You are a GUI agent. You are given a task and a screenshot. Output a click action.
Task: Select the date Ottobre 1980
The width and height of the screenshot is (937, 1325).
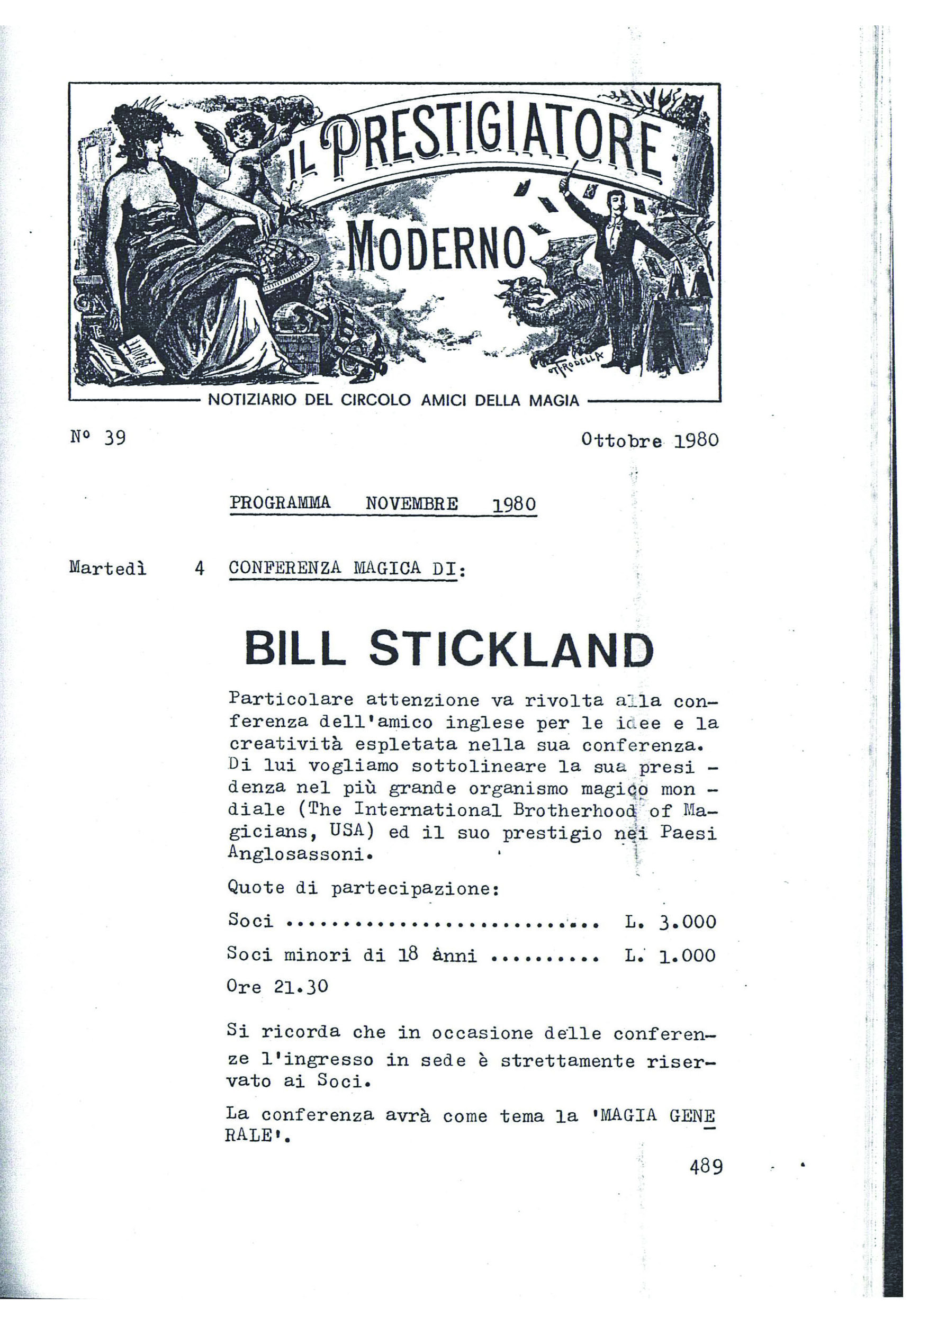coord(650,440)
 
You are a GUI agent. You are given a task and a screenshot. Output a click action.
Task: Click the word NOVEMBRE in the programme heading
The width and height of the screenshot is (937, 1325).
coord(412,504)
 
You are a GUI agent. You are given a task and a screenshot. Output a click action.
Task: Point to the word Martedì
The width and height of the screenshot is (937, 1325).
coord(108,569)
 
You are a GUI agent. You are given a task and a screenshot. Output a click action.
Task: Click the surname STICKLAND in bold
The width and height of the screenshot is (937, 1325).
coord(511,649)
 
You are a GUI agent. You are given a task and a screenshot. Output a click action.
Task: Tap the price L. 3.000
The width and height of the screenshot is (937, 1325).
coord(670,922)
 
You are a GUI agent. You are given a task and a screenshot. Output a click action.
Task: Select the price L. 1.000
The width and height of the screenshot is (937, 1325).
coord(670,956)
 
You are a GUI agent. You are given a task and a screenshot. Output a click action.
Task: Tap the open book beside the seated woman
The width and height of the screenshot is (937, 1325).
coord(127,355)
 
